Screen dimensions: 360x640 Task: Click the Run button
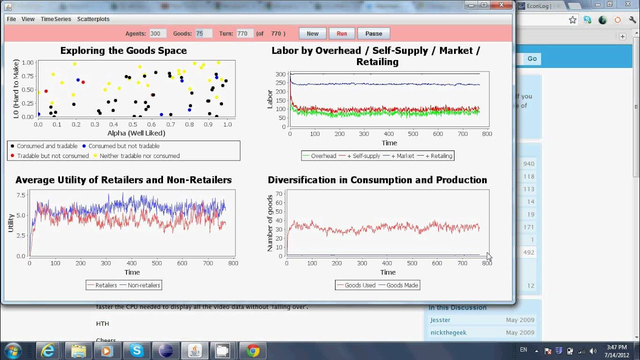coord(341,33)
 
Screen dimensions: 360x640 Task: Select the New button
coord(312,33)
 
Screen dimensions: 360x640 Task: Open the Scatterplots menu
coord(93,19)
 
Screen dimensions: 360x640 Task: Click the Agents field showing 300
coord(157,33)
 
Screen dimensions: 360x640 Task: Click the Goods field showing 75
coord(203,33)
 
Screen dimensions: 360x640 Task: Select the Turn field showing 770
coord(244,33)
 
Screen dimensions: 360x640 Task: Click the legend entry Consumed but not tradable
coord(123,146)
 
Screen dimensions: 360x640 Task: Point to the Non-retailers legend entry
coord(143,285)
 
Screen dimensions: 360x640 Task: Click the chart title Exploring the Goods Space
coord(123,50)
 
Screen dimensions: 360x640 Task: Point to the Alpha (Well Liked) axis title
coord(136,133)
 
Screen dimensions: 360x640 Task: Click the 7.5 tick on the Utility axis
coord(21,195)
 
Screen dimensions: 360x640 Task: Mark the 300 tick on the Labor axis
coord(280,74)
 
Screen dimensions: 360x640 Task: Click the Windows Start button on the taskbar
coord(12,350)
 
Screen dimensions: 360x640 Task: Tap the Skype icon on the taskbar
coord(136,350)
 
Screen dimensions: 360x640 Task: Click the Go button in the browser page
coord(532,58)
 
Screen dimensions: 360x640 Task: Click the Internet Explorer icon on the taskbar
coord(48,350)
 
